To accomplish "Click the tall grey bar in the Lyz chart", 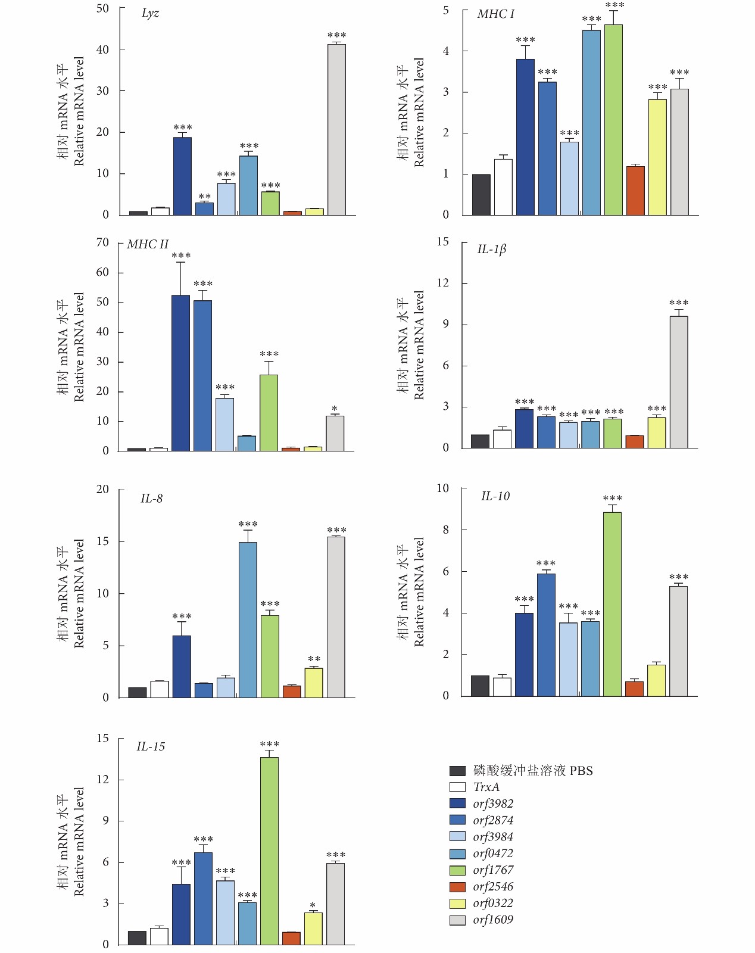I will pos(336,129).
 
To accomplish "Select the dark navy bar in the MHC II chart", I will pos(181,373).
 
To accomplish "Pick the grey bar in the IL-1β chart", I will pos(679,382).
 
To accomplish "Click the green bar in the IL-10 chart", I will pos(612,604).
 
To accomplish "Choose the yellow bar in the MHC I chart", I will pos(657,157).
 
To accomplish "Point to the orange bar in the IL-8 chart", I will pos(292,692).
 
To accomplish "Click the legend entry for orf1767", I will pos(492,870).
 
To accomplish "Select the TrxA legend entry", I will pos(486,787).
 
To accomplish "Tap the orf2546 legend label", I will pos(492,887).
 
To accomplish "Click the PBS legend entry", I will pos(532,771).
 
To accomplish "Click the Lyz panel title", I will pos(150,13).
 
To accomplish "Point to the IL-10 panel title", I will pos(495,496).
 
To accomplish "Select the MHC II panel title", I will pos(148,244).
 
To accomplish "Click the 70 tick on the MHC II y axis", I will pos(102,242).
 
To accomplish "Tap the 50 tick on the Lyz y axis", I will pos(102,8).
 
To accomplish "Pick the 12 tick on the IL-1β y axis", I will pos(442,283).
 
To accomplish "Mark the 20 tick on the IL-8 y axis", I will pos(102,489).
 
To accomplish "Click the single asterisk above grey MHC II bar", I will pos(335,409).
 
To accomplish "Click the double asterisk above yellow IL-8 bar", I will pos(314,659).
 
